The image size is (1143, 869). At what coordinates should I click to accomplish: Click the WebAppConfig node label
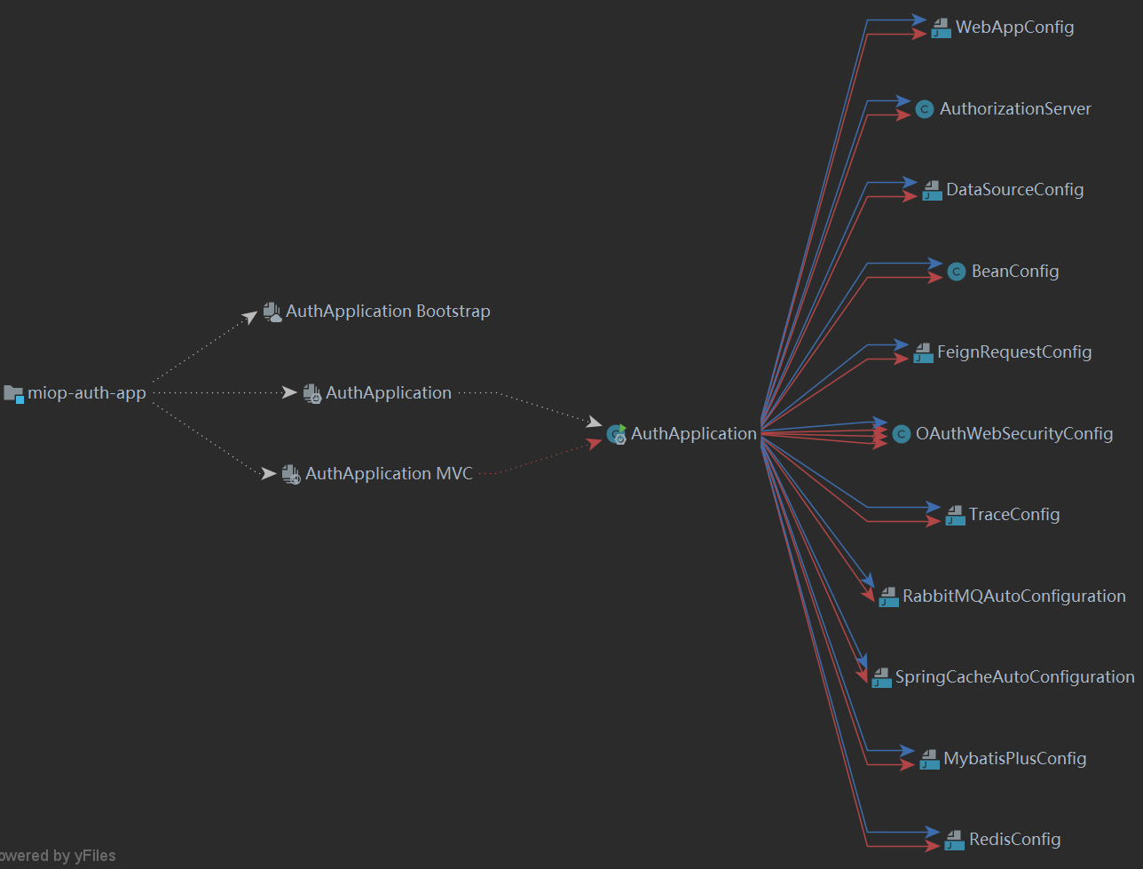point(1014,28)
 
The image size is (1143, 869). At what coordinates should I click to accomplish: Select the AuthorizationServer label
point(1015,109)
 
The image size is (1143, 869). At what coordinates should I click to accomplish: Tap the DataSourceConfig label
point(1014,190)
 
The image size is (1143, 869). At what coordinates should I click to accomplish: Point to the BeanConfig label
point(1015,272)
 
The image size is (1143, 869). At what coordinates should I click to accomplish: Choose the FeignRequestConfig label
point(1014,352)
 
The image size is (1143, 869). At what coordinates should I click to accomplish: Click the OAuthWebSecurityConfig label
point(1014,434)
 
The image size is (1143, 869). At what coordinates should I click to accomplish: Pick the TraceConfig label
point(1014,515)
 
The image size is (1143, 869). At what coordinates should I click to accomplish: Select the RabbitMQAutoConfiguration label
point(1014,596)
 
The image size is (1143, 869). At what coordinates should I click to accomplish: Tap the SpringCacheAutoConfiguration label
point(1014,677)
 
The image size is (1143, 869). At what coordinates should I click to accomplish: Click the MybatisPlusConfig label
point(1015,759)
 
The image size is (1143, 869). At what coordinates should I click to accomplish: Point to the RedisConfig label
point(1014,840)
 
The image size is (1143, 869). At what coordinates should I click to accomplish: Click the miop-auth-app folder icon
point(13,393)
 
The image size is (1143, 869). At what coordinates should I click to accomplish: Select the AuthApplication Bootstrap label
point(388,312)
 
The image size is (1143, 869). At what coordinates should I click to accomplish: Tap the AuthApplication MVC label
point(389,474)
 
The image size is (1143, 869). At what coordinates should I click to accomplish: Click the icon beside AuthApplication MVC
point(291,474)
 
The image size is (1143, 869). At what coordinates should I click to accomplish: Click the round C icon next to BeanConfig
point(956,272)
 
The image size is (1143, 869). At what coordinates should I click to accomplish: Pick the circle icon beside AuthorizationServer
point(924,109)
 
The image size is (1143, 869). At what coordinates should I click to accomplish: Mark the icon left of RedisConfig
point(954,840)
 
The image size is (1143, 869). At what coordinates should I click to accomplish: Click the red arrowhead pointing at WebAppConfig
point(920,35)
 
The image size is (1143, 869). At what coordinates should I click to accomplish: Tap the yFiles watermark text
point(59,857)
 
